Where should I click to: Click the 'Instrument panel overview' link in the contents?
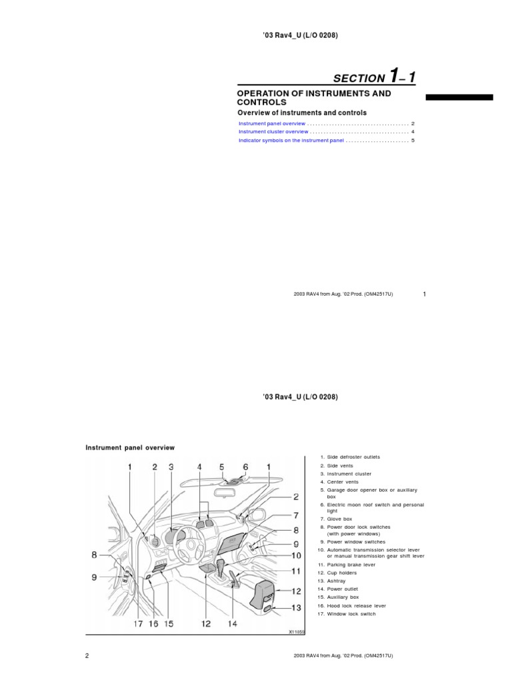pos(271,124)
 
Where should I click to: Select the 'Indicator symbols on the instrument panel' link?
pos(291,141)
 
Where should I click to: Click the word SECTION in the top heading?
pos(359,79)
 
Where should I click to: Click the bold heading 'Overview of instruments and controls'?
pos(302,113)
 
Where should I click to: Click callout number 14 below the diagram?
pos(232,623)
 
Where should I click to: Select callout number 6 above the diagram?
pos(245,468)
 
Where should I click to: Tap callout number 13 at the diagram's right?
pos(296,607)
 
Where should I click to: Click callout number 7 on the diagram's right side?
pos(296,515)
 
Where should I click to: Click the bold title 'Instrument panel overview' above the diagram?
pos(130,448)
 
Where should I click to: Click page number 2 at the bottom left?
pos(87,656)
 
